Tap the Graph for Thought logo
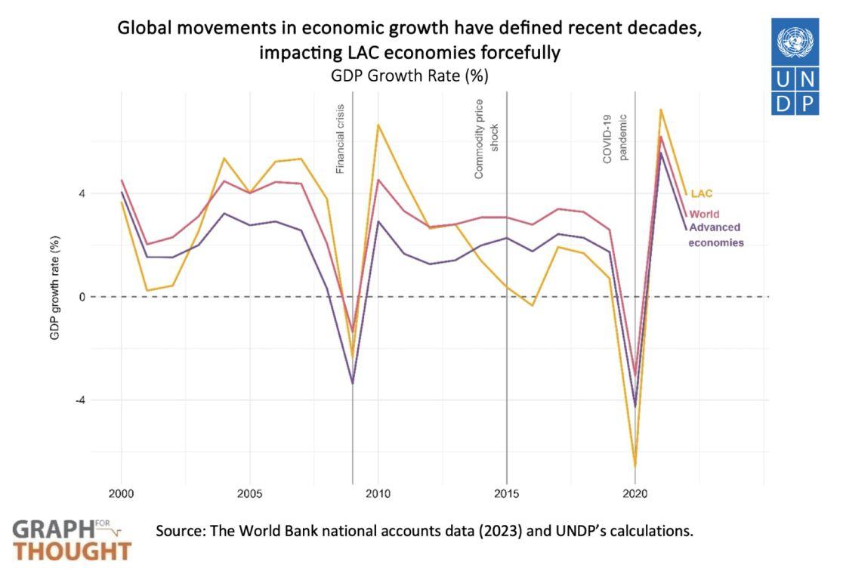pyautogui.click(x=72, y=539)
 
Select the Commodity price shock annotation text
pyautogui.click(x=487, y=139)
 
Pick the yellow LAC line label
pyautogui.click(x=702, y=193)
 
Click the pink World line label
pyautogui.click(x=705, y=214)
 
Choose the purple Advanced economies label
pyautogui.click(x=715, y=235)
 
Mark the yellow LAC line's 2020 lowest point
pyautogui.click(x=635, y=467)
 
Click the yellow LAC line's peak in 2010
pyautogui.click(x=378, y=125)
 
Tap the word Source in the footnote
pyautogui.click(x=177, y=530)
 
